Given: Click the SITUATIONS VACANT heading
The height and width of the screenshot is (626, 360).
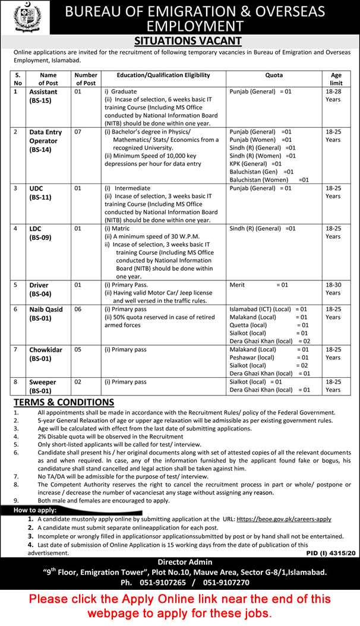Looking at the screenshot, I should (x=179, y=40).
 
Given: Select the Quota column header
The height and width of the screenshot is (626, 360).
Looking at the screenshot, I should (x=274, y=75).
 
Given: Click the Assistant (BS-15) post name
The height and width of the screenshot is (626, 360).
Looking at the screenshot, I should (x=43, y=96).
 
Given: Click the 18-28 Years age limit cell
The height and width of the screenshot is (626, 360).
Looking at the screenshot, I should (x=333, y=96).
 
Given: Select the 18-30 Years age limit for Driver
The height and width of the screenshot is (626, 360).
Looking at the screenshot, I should (x=333, y=289).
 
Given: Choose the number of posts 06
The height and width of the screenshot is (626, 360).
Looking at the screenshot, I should (x=77, y=309).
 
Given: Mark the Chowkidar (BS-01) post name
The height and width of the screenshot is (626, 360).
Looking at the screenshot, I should (x=45, y=354).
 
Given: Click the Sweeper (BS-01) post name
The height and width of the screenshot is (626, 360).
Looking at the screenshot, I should (x=43, y=386).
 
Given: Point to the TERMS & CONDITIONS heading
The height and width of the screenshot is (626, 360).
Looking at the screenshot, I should (x=64, y=403).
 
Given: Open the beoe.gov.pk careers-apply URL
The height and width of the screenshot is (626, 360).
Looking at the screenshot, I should (x=284, y=518).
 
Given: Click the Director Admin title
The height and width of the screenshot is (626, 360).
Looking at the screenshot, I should (x=184, y=561).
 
